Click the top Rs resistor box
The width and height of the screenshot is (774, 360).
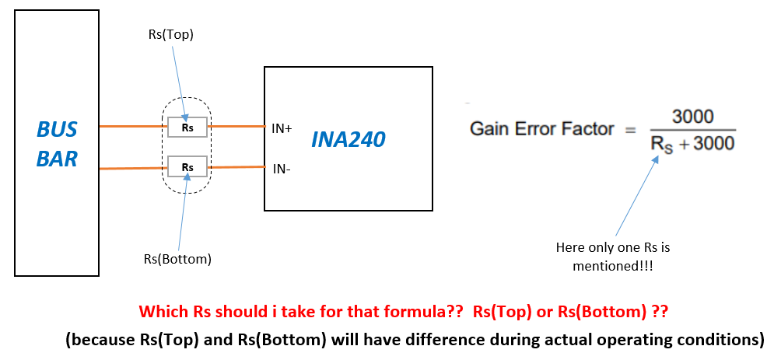[187, 126]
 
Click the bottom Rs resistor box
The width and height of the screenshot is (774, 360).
[187, 166]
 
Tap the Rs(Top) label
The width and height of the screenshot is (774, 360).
[170, 34]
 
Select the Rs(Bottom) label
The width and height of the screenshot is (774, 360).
[178, 258]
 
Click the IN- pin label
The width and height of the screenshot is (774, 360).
[280, 168]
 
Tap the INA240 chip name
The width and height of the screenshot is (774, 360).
[348, 139]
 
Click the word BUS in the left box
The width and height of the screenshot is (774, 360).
[58, 130]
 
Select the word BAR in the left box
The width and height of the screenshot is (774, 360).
[58, 159]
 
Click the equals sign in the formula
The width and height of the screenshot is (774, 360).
[631, 130]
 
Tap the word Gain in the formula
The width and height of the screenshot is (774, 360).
[488, 129]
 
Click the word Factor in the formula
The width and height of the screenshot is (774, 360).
[588, 129]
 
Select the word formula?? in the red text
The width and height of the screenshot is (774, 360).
[396, 313]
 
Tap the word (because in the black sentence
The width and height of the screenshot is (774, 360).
[98, 339]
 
